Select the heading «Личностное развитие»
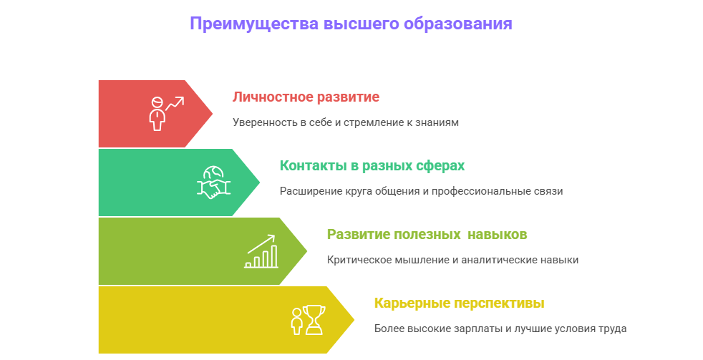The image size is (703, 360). click(306, 97)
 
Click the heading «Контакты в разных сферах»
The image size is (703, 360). click(372, 165)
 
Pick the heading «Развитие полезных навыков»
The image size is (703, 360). click(427, 234)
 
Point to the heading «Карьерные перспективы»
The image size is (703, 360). click(459, 303)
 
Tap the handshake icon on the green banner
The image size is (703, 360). click(213, 182)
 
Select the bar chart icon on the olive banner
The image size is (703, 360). click(261, 250)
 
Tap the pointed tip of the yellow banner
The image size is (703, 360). click(353, 319)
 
